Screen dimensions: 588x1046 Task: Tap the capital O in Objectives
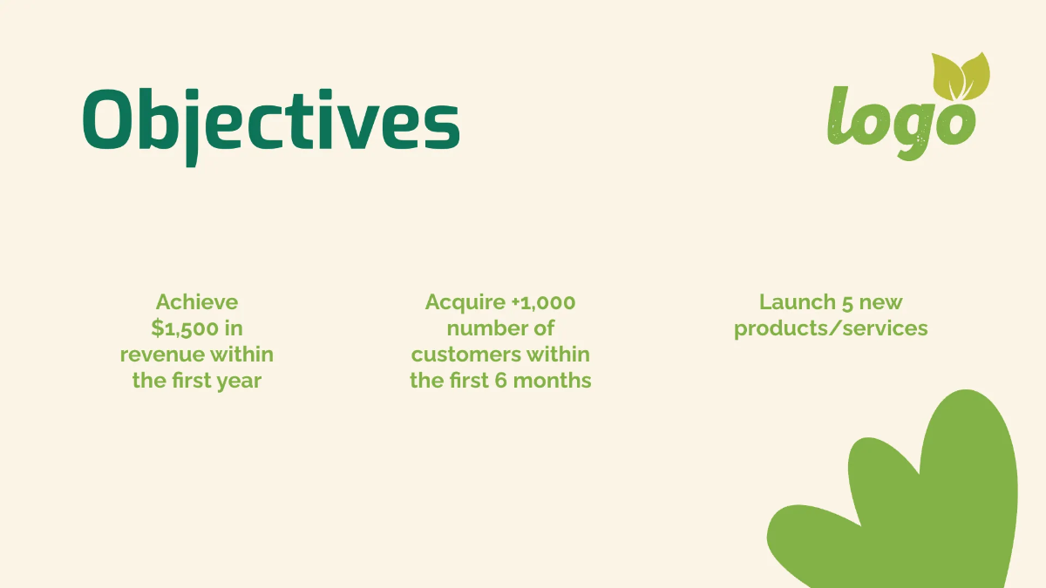109,120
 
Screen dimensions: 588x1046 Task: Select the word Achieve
197,302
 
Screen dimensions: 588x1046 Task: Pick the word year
239,381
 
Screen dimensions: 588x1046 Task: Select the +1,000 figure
544,302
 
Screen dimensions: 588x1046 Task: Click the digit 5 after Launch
848,302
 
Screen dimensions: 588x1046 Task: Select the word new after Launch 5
881,302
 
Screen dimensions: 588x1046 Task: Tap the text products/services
831,328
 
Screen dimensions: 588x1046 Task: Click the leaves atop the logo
961,75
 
